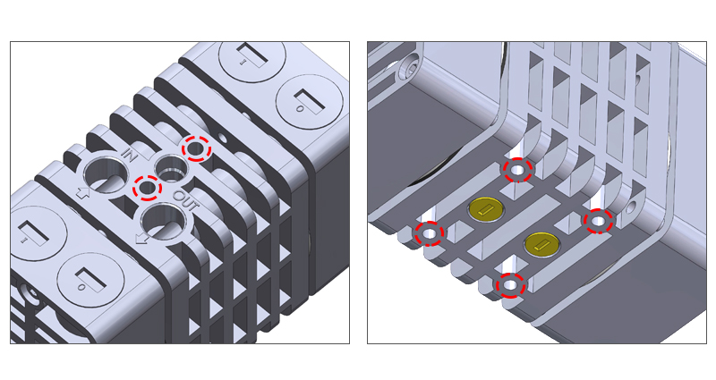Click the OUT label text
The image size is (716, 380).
186,200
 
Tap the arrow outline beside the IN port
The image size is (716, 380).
82,193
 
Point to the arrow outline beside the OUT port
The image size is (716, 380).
142,237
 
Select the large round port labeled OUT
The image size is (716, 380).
165,222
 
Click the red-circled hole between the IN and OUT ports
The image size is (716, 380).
148,188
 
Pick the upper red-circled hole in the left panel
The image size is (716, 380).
196,148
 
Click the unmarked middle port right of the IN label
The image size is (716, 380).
172,168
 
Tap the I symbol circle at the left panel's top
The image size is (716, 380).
251,56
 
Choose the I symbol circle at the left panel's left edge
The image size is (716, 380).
38,234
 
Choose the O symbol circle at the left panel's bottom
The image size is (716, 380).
90,278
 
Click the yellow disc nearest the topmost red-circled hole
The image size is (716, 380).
486,209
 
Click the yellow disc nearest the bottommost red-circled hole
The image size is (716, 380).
542,244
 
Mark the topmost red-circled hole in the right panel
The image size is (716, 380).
518,170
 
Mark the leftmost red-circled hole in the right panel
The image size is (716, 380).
429,233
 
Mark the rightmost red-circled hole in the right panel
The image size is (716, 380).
599,221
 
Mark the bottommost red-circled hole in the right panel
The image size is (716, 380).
510,285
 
